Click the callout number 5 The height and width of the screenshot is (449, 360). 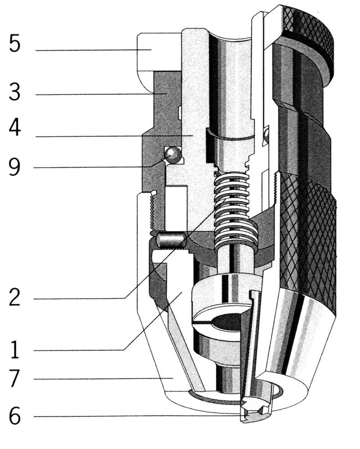tap(15, 45)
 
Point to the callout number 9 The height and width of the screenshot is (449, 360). tap(15, 167)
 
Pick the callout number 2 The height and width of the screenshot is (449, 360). tap(15, 298)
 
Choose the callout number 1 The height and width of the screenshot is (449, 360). tap(15, 349)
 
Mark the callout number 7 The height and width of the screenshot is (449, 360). tap(15, 379)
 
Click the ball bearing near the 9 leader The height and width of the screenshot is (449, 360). tap(172, 155)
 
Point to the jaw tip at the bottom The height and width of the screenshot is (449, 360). tap(254, 411)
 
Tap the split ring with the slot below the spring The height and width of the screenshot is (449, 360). tap(220, 310)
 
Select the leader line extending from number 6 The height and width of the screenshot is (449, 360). tap(135, 416)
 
